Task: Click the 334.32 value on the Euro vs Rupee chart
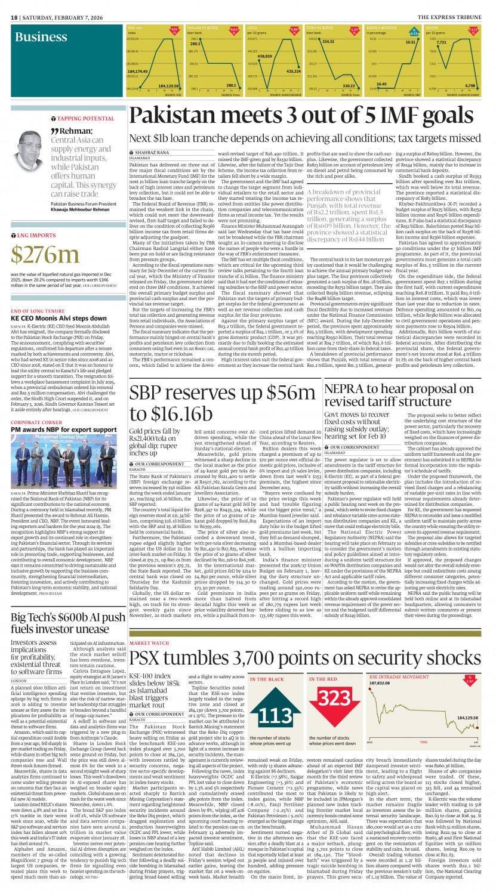(328, 42)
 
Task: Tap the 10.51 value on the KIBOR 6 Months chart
(411, 42)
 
